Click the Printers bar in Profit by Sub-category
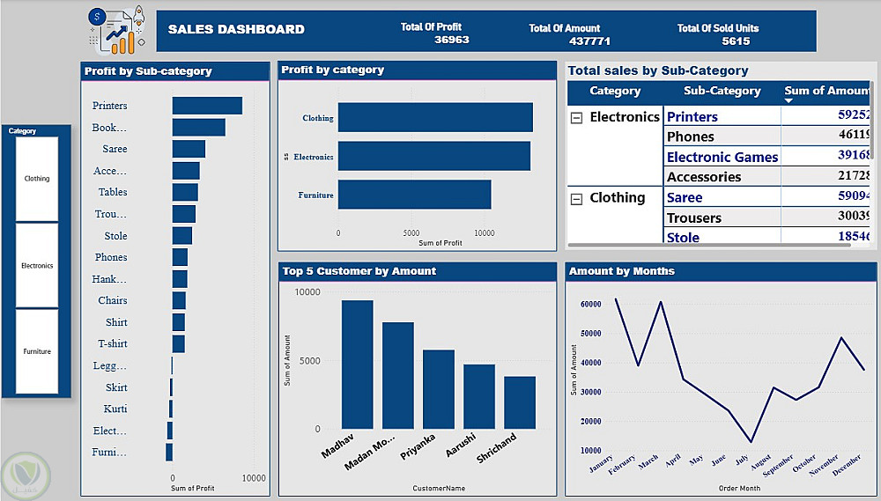tap(207, 106)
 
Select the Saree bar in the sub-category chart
tap(189, 149)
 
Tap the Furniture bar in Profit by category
tap(414, 195)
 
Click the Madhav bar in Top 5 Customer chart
tap(357, 365)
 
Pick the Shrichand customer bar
tap(520, 402)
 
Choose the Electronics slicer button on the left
tap(37, 265)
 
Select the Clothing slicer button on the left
tap(37, 179)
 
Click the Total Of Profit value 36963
tap(452, 41)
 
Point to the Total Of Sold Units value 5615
tap(736, 41)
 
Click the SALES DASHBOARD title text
tap(236, 29)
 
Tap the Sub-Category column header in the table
tap(722, 91)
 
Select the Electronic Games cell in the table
tap(722, 157)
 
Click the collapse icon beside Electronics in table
tap(577, 118)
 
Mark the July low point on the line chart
tap(751, 442)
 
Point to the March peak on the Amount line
tap(661, 302)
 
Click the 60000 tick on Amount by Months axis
tap(590, 304)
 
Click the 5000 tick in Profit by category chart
tap(411, 234)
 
